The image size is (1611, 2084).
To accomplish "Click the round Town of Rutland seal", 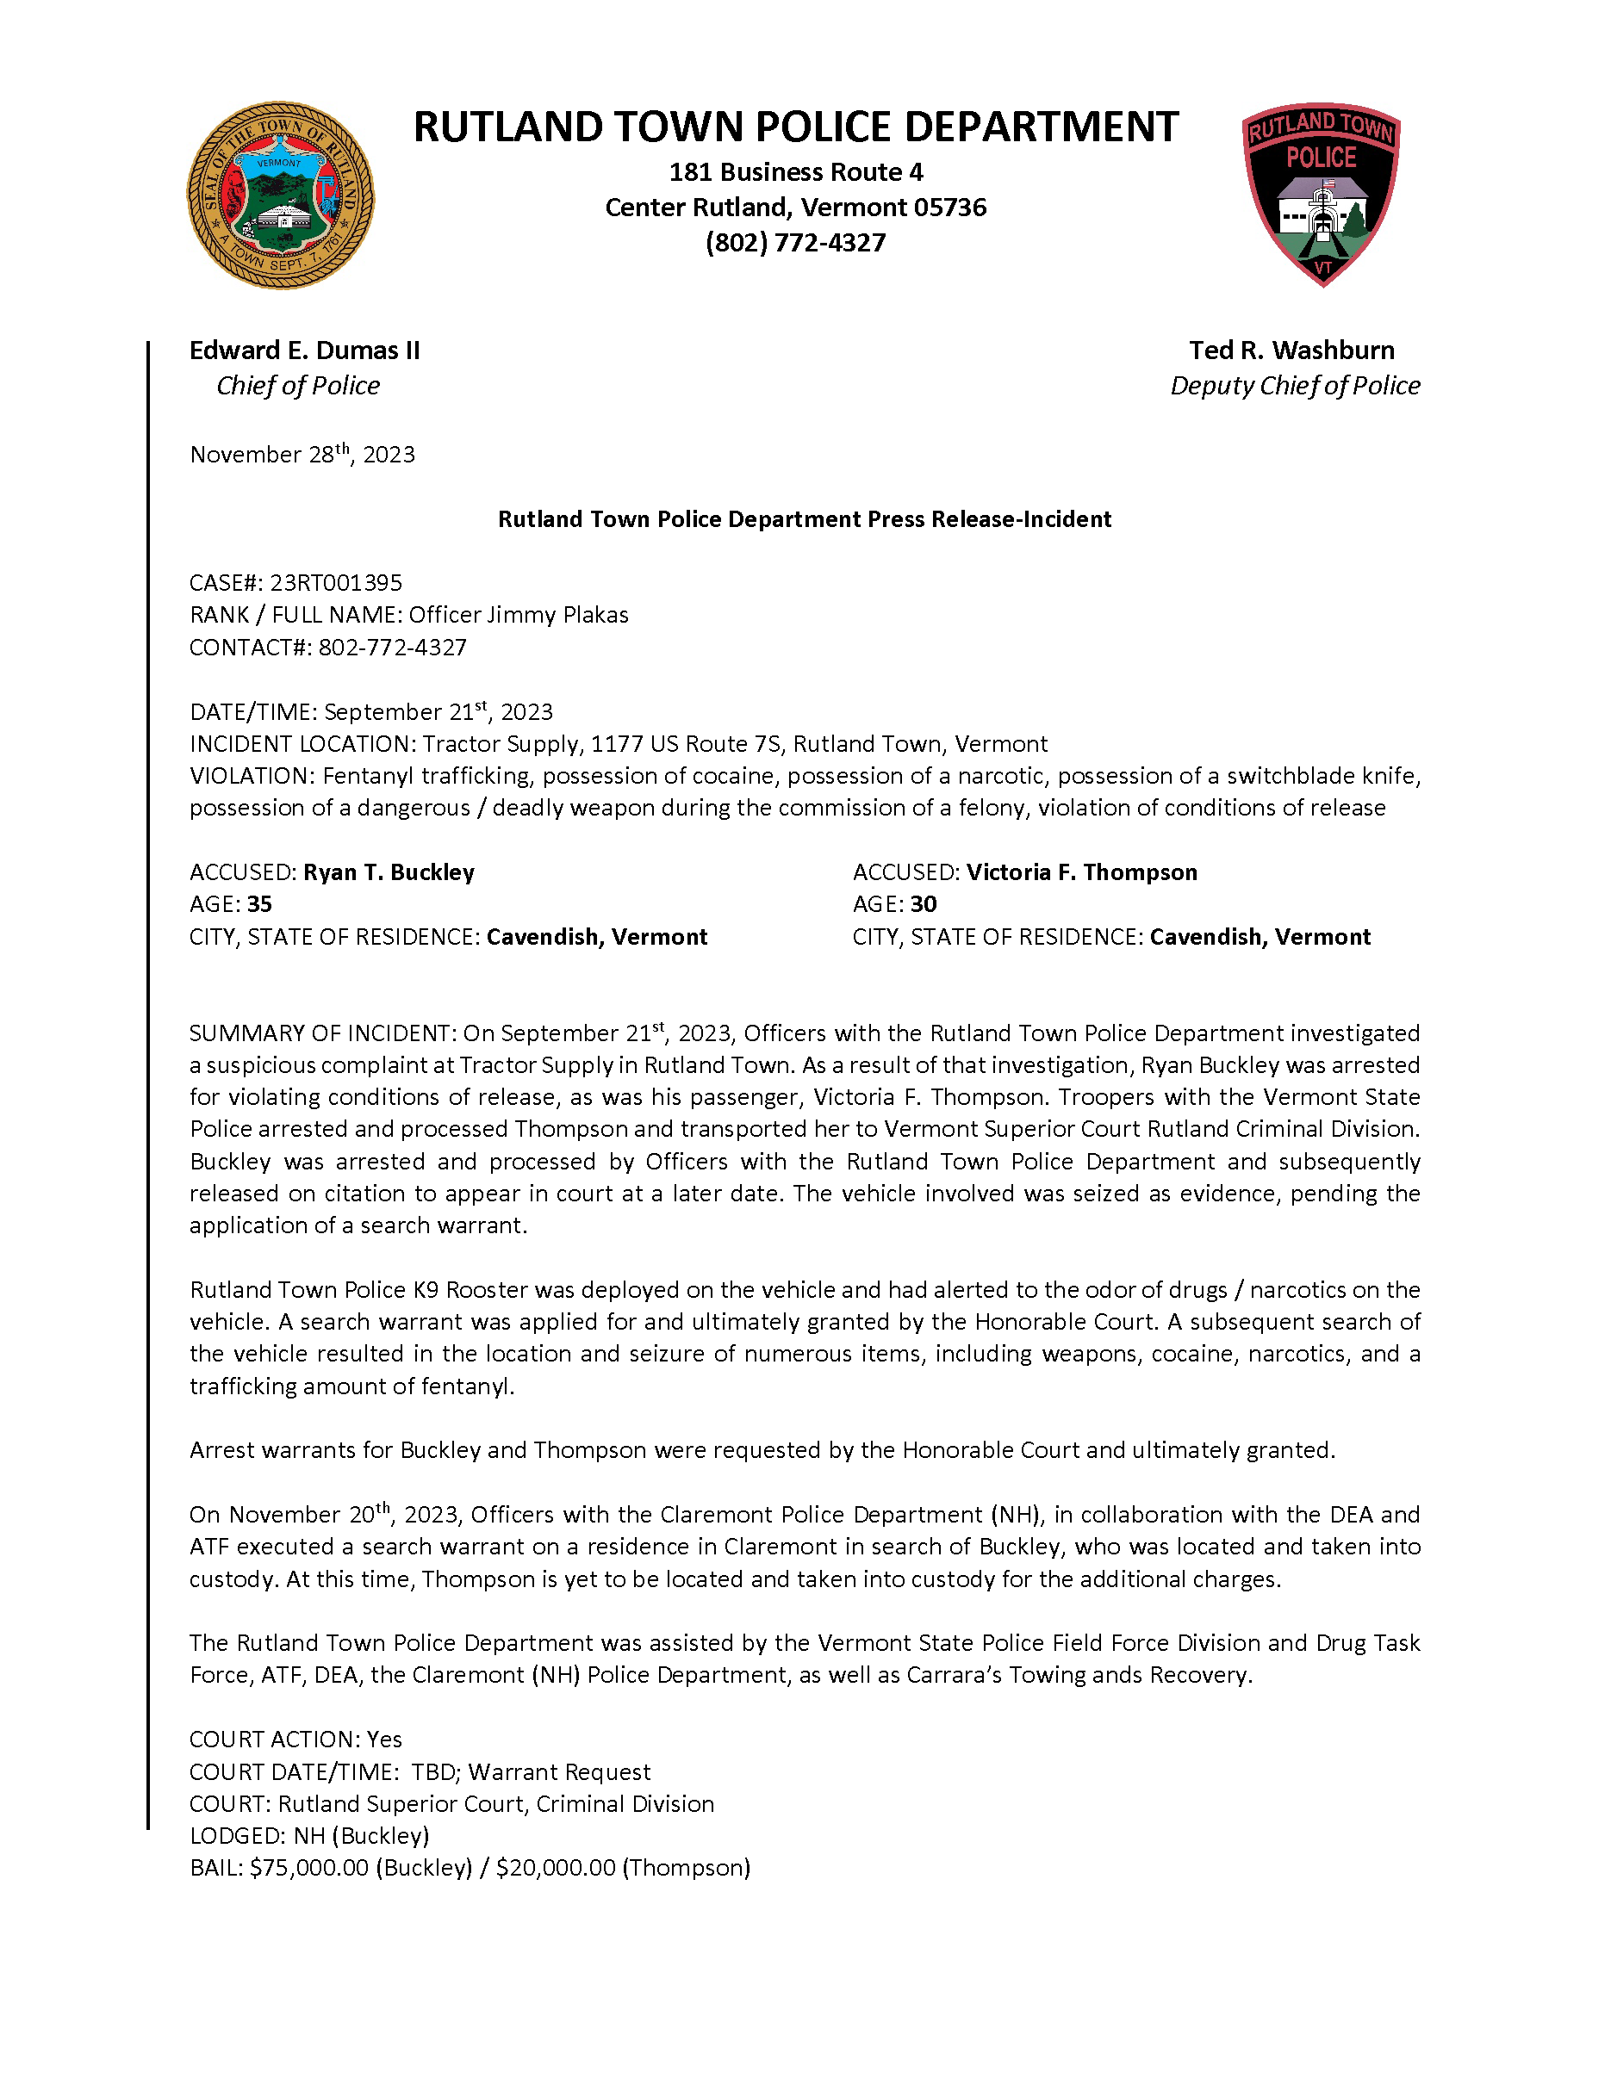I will tap(280, 195).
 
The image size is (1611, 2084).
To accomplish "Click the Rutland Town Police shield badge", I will tap(1321, 194).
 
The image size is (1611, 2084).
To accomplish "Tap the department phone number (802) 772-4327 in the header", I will tap(795, 242).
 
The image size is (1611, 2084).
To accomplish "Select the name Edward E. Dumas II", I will tap(304, 350).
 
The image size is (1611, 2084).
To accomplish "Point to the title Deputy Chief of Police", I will tap(1294, 386).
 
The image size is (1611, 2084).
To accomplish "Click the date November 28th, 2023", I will tap(302, 454).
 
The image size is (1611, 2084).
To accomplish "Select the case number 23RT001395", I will tap(336, 582).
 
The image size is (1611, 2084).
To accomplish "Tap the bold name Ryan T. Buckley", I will tap(389, 872).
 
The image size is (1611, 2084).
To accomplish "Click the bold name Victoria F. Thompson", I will tap(1081, 872).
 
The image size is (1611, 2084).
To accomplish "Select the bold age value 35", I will tap(259, 903).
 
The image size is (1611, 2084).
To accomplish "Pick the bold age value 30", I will tap(923, 903).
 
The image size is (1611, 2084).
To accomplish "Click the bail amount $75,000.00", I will tap(309, 1867).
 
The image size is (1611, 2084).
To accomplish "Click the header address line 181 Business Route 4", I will tap(795, 171).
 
